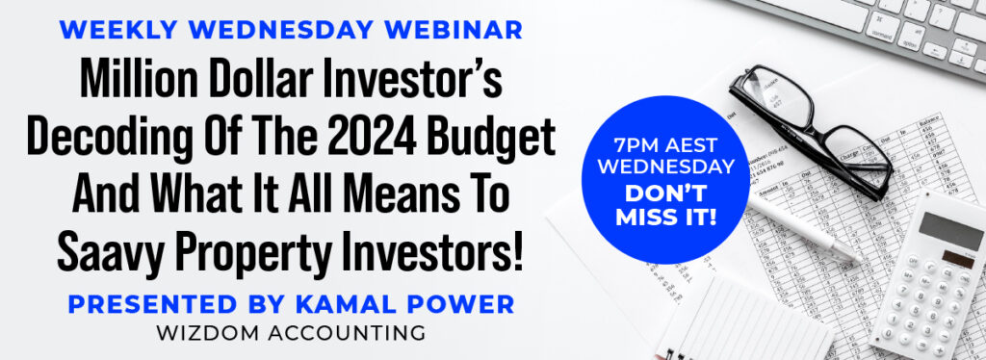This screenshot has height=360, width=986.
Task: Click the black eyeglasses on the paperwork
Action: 810,131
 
